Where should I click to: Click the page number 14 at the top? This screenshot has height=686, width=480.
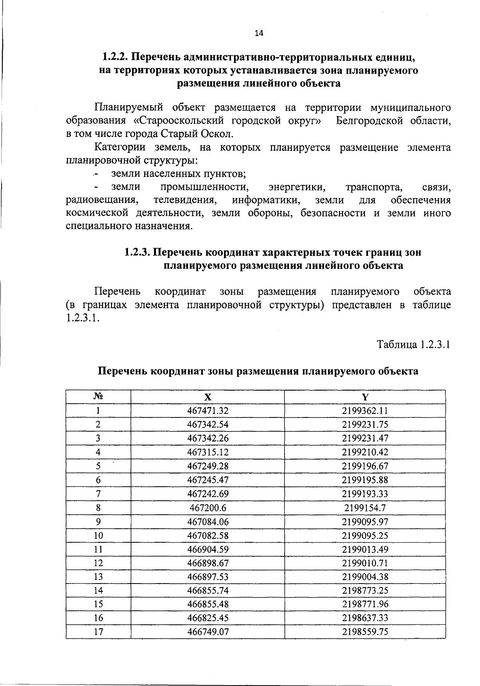[x=259, y=34]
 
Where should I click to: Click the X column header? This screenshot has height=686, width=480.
[x=208, y=397]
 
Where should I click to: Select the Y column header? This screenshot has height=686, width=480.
[x=365, y=397]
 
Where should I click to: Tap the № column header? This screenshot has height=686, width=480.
[x=98, y=397]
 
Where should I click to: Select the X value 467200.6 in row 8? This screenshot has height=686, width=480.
[x=208, y=507]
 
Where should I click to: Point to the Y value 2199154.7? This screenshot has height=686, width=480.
[x=365, y=507]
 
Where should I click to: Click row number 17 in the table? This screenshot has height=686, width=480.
[x=98, y=632]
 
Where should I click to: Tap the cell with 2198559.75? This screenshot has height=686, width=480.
[x=365, y=632]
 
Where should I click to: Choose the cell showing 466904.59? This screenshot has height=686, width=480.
[x=208, y=549]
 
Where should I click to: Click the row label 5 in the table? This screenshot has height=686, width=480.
[x=98, y=466]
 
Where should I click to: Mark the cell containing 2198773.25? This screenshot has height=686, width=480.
[x=365, y=590]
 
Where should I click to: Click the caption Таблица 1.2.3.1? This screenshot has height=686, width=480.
[x=414, y=345]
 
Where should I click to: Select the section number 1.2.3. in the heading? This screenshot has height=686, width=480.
[x=138, y=253]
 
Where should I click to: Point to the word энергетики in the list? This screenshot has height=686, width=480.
[x=296, y=187]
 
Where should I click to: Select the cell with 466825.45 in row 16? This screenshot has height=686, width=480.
[x=208, y=618]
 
